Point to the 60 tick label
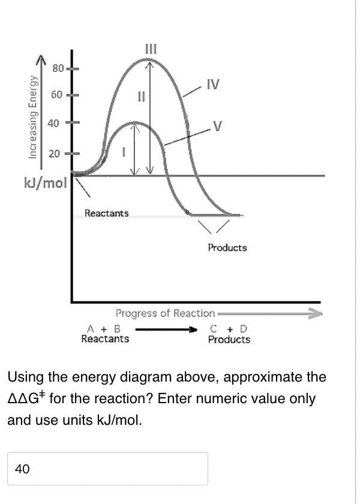tap(57, 95)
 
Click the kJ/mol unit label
tap(46, 182)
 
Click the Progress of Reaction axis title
tap(165, 313)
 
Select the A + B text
tap(104, 329)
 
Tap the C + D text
tap(229, 329)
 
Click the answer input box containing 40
tap(107, 469)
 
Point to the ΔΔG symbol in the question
tap(24, 399)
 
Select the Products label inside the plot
tap(227, 247)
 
